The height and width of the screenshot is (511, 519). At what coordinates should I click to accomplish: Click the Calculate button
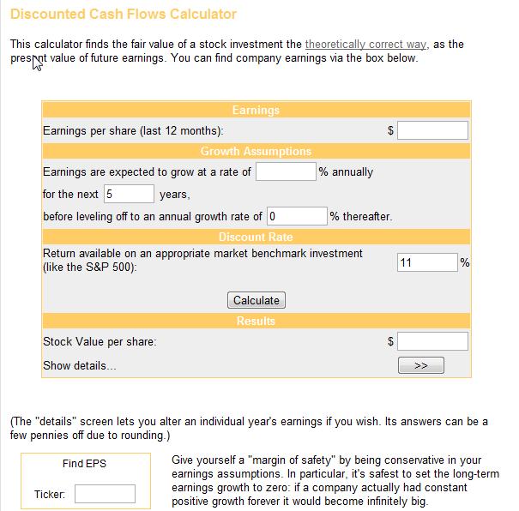point(256,300)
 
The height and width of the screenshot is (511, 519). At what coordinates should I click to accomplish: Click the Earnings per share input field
point(432,130)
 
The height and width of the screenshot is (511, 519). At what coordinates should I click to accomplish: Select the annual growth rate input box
point(286,171)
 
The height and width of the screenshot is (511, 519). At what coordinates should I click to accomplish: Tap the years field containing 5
point(129,194)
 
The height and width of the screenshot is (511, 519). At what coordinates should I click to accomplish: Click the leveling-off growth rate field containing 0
point(297,216)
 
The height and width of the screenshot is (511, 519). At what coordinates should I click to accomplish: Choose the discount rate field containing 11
point(427,262)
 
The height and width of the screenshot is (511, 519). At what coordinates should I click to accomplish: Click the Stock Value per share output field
point(432,341)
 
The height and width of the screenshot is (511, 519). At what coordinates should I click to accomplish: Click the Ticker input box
point(105,494)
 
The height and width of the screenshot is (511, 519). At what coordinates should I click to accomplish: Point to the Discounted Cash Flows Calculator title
point(124,15)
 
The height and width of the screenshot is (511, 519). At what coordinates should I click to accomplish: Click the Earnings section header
point(256,111)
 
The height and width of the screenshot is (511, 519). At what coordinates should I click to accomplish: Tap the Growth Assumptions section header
point(256,152)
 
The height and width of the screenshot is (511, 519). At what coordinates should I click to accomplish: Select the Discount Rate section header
point(256,237)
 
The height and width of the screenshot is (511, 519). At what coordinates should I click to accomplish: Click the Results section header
point(256,322)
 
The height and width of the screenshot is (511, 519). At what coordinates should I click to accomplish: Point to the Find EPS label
point(84,464)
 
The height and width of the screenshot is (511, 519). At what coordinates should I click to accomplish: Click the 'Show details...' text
point(80,366)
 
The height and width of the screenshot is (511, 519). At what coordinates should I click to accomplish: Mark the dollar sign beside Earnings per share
point(390,131)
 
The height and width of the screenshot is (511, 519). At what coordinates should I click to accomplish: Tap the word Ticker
point(50,494)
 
